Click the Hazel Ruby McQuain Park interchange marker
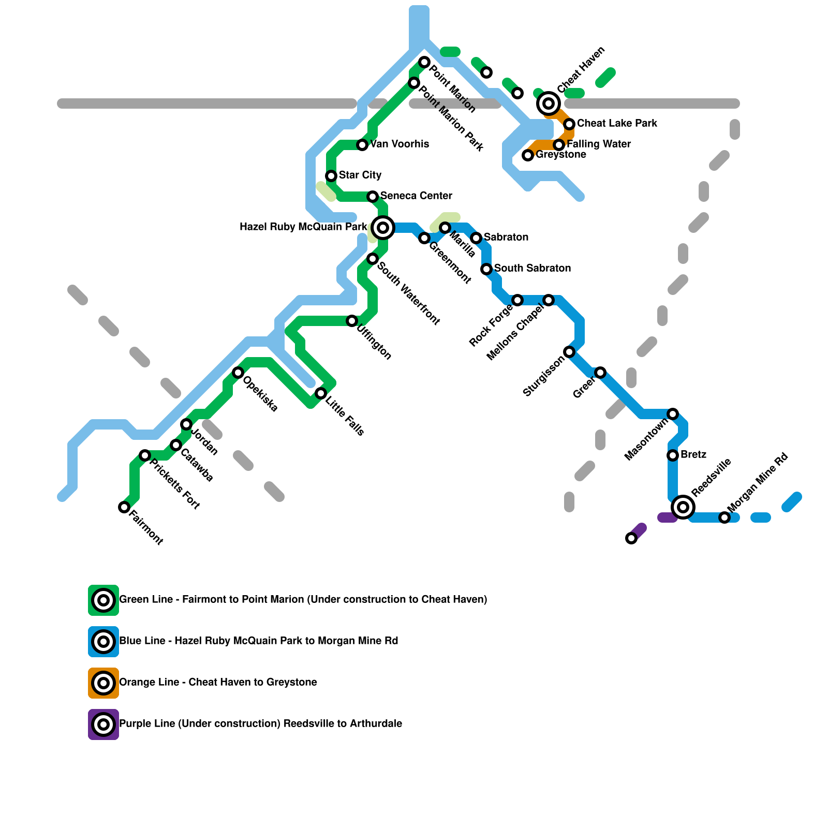[x=383, y=228]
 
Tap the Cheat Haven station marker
[x=549, y=103]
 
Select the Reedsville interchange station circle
[x=683, y=507]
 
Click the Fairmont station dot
[x=124, y=507]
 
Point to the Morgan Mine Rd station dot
[x=724, y=517]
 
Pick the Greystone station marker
[x=528, y=155]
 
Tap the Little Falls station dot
[x=321, y=393]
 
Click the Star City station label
[x=360, y=175]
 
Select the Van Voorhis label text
[x=400, y=144]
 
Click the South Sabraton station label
[x=532, y=268]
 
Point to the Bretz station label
[x=693, y=454]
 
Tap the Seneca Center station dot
[x=373, y=197]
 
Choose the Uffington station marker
[x=352, y=321]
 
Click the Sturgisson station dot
[x=569, y=352]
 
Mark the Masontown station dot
[x=673, y=414]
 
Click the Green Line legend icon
[x=103, y=600]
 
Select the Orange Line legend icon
[x=103, y=683]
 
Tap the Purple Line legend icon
[x=103, y=724]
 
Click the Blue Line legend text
[x=259, y=641]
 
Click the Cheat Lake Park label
[x=617, y=123]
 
